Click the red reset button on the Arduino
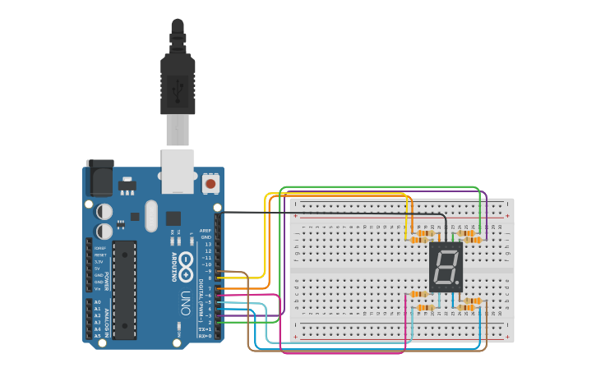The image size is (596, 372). [210, 184]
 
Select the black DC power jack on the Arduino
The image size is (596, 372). [99, 177]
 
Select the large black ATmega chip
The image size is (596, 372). [124, 289]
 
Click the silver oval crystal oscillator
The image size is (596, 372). [150, 216]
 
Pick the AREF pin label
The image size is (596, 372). [206, 231]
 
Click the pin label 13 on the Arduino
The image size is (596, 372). [208, 244]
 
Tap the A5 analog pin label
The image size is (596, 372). [97, 336]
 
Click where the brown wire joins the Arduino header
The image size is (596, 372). [218, 271]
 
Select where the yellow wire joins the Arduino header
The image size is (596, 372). [218, 278]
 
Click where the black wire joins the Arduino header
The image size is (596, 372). [218, 212]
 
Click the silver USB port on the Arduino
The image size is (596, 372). [178, 171]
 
